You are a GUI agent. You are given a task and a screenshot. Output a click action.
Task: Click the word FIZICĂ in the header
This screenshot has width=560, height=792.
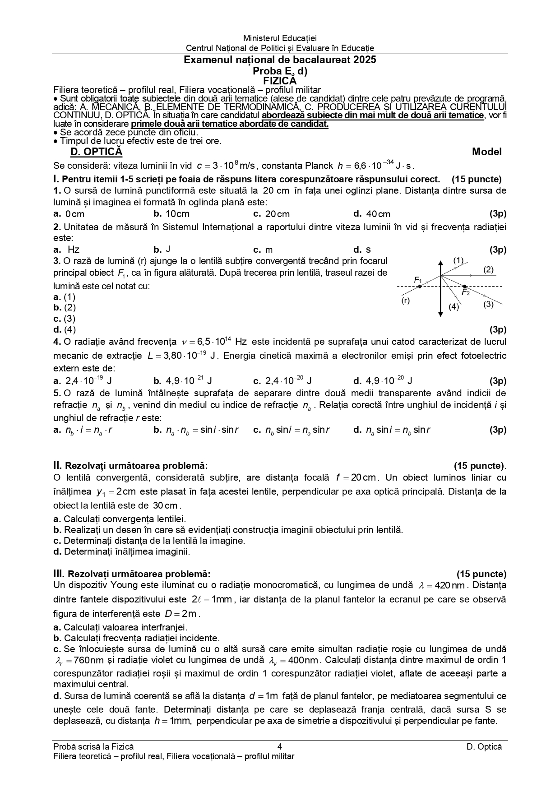pyautogui.click(x=280, y=81)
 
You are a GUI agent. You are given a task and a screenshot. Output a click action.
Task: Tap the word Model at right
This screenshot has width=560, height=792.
pyautogui.click(x=486, y=152)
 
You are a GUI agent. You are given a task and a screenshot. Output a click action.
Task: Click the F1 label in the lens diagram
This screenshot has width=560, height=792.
pyautogui.click(x=418, y=280)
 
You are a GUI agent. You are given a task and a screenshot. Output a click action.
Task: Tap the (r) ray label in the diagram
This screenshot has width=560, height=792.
pyautogui.click(x=406, y=301)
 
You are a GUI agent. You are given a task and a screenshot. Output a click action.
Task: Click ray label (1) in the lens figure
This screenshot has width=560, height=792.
pyautogui.click(x=458, y=260)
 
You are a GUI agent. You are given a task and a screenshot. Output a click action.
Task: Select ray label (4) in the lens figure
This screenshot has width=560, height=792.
pyautogui.click(x=454, y=307)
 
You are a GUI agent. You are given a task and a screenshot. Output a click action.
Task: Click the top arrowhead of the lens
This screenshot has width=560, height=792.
pyautogui.click(x=440, y=263)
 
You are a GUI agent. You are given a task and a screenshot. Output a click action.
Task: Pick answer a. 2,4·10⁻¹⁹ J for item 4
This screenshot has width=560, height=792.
pyautogui.click(x=82, y=381)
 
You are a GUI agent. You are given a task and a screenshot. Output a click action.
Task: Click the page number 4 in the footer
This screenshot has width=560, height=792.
pyautogui.click(x=280, y=747)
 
